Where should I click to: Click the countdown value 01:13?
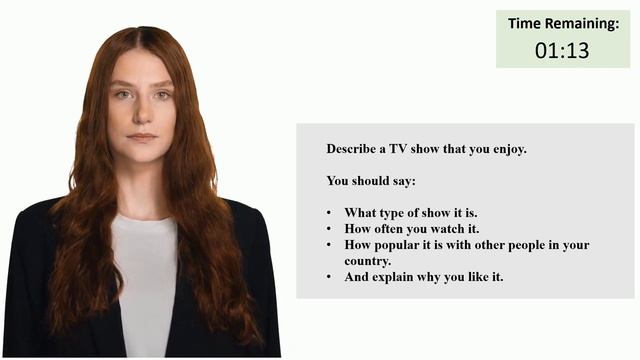(563, 50)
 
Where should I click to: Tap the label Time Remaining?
(563, 23)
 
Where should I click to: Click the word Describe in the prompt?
(352, 149)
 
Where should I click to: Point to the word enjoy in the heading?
(506, 149)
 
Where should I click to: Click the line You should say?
(370, 181)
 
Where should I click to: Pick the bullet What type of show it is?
(411, 213)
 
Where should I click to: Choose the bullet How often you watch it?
(412, 229)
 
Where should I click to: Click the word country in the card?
(366, 261)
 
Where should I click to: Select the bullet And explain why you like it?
(424, 277)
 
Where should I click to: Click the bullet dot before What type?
(328, 213)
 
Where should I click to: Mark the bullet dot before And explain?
(328, 277)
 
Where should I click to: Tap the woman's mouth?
(142, 137)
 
